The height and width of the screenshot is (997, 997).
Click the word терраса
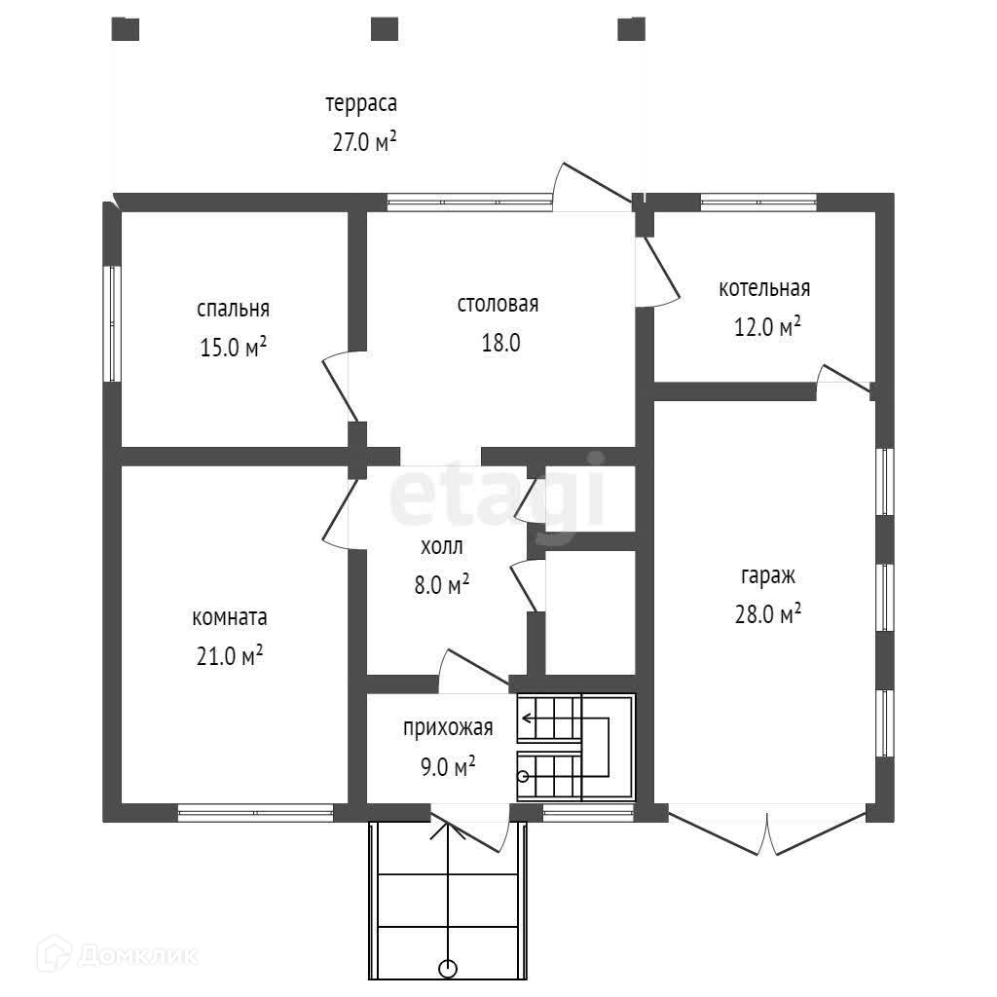[x=361, y=103]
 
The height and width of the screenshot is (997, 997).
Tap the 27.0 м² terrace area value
[x=364, y=142]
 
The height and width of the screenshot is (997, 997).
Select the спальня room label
[x=233, y=309]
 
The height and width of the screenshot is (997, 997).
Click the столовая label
[x=498, y=304]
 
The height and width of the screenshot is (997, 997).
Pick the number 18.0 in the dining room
[x=498, y=342]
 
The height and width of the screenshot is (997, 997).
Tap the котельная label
[x=764, y=288]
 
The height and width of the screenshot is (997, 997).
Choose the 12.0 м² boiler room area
[x=766, y=326]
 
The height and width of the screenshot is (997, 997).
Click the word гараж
[x=767, y=574]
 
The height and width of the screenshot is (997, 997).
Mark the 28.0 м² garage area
[x=768, y=612]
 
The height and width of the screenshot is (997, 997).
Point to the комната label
[x=230, y=617]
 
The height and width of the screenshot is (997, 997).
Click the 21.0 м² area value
[x=230, y=656]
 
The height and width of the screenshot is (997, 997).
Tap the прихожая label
[x=448, y=727]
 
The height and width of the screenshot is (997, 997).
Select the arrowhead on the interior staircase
[x=527, y=720]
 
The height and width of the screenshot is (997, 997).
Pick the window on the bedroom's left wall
[x=112, y=323]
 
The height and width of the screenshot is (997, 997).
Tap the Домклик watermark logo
[x=101, y=954]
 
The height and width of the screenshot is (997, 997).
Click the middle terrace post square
[x=385, y=28]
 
